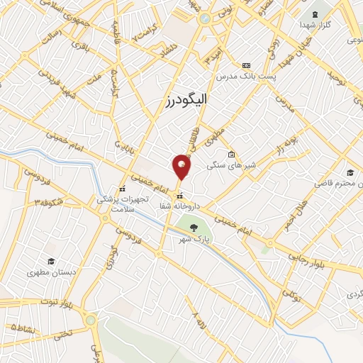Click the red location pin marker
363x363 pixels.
pyautogui.click(x=182, y=167)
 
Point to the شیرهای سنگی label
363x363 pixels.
pyautogui.click(x=225, y=165)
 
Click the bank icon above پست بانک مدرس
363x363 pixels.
pyautogui.click(x=246, y=65)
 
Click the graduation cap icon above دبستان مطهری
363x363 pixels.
pyautogui.click(x=50, y=261)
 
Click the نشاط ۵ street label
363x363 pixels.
pyautogui.click(x=23, y=327)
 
